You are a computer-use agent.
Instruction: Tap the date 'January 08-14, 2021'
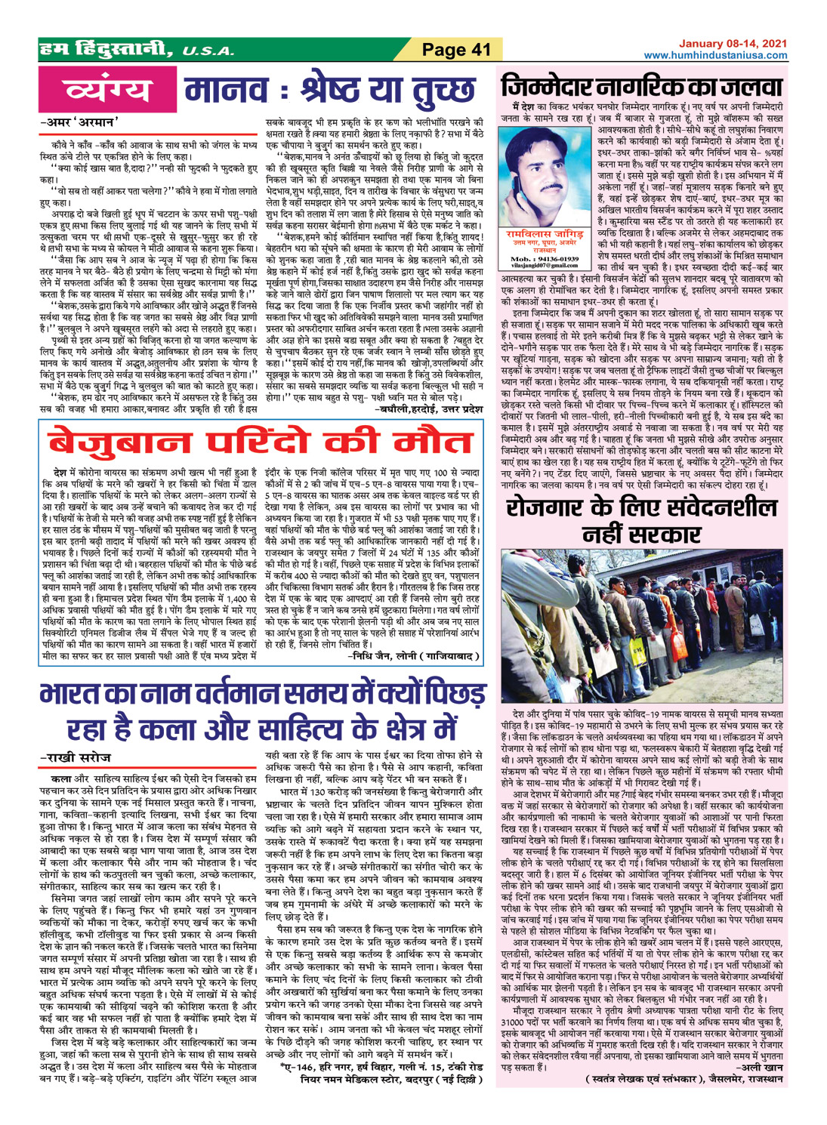[x=730, y=45]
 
